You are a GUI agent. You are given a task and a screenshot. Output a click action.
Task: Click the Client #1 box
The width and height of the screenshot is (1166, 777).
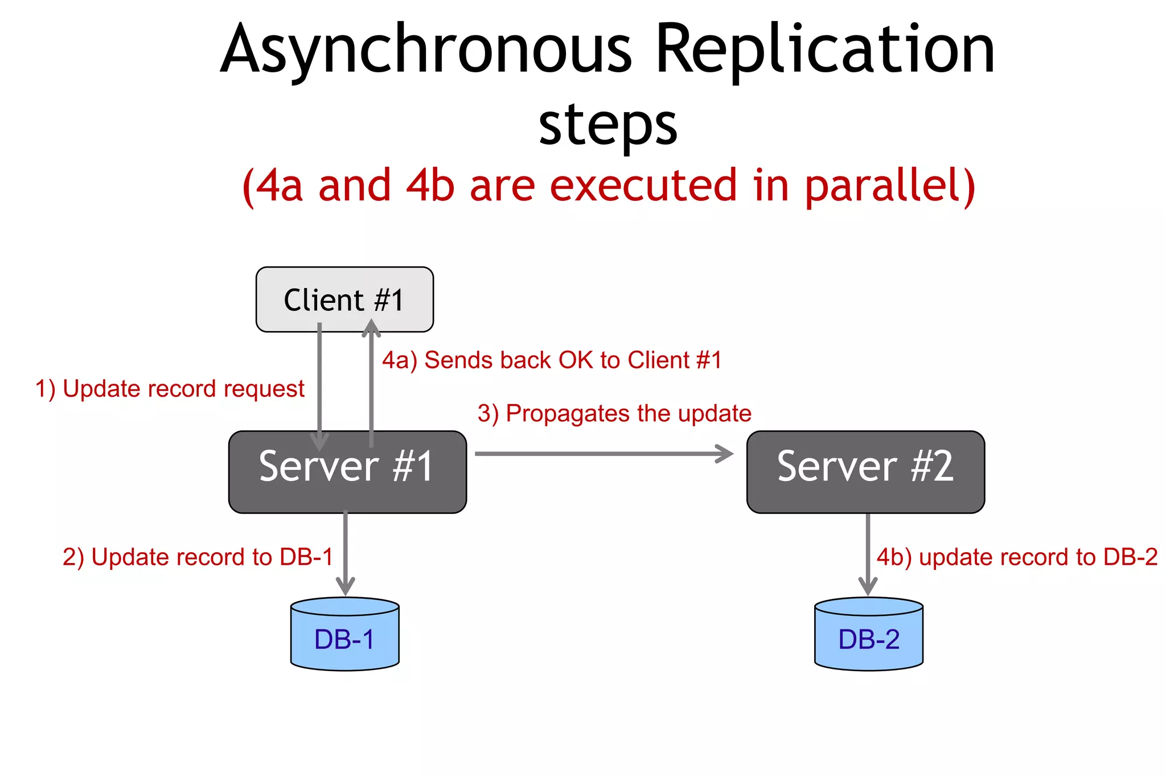coord(344,299)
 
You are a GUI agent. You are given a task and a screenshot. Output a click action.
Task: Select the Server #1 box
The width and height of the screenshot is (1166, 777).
coord(347,471)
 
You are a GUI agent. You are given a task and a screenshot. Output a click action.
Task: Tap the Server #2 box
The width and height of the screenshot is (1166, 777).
coord(865,471)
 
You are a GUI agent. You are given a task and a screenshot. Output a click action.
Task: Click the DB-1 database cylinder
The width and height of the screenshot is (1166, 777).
coord(344,635)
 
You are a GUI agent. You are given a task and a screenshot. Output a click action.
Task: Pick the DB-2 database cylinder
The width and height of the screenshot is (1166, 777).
coord(869,635)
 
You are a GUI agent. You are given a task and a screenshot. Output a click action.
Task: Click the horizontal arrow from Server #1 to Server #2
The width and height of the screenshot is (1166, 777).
coord(603,454)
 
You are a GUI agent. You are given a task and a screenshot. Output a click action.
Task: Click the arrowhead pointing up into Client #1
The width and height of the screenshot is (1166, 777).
coord(371,328)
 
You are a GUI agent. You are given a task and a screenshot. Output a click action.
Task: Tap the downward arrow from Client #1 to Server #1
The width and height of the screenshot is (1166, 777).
coord(319,387)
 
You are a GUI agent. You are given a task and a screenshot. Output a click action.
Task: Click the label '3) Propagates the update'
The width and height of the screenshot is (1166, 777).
coord(614,413)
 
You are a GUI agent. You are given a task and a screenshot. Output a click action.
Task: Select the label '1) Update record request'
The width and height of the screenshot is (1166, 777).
coord(170,389)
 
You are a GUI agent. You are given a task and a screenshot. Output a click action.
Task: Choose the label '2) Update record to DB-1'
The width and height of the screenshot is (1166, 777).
coord(198,557)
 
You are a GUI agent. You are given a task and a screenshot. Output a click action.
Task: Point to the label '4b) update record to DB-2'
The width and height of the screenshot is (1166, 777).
coord(1017,557)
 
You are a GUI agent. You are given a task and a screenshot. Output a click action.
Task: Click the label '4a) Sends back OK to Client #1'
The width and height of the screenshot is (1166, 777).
coord(552,360)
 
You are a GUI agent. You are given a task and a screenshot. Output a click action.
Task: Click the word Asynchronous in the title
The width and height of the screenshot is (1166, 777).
coord(426,50)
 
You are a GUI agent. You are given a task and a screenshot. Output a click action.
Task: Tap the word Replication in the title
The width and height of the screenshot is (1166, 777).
coord(826,50)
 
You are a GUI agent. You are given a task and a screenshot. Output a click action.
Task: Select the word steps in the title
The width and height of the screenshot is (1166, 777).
coord(608,125)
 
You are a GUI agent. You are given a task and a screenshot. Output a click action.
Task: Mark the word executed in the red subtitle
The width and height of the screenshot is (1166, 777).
coord(643,186)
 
